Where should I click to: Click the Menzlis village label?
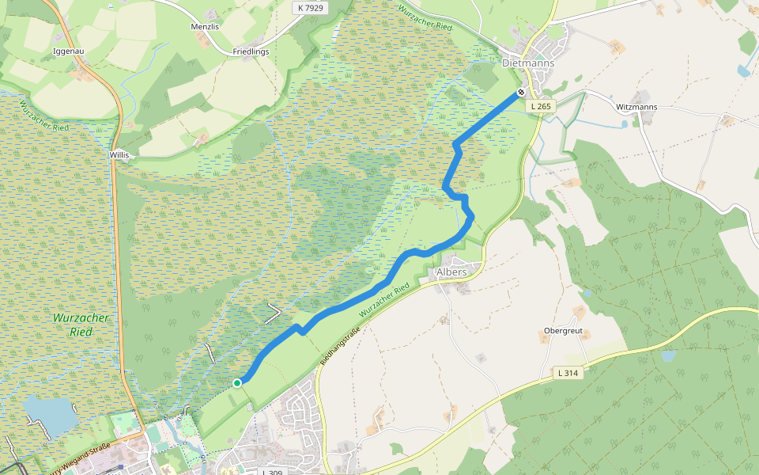204,26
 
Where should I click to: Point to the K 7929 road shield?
310,8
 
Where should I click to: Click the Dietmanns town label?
528,63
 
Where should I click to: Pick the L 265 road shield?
542,106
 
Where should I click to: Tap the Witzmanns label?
636,106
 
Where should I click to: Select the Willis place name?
119,155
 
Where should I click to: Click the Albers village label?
451,272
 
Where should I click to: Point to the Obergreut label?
564,331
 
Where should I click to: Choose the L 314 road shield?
568,373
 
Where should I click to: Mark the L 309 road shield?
272,472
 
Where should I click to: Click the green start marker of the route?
237,383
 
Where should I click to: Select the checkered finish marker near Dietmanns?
521,93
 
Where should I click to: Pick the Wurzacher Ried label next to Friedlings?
425,16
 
